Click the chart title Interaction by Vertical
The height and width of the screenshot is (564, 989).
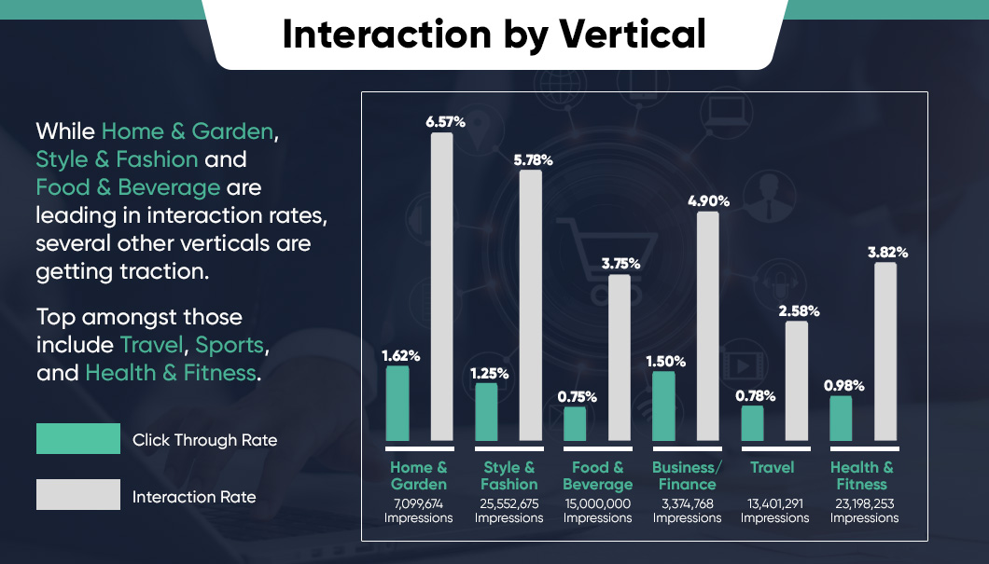[x=494, y=34]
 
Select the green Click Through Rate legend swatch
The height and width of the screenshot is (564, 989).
[x=78, y=438]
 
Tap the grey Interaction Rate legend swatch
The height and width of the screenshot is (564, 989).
[x=78, y=494]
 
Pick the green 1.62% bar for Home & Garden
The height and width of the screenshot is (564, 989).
[x=397, y=403]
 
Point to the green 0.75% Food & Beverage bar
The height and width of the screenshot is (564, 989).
[x=575, y=423]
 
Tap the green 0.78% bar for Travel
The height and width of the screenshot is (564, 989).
[x=752, y=422]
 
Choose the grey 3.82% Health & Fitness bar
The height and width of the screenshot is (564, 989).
[x=885, y=351]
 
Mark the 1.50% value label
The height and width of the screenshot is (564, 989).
[x=664, y=361]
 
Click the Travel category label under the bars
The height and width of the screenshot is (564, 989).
[x=773, y=467]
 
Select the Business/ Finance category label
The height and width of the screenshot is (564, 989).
[x=687, y=475]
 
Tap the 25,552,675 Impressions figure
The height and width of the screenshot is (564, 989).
[x=508, y=510]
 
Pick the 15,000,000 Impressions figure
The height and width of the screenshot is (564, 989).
[x=598, y=510]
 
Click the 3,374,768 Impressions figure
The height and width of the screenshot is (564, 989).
[x=687, y=510]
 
